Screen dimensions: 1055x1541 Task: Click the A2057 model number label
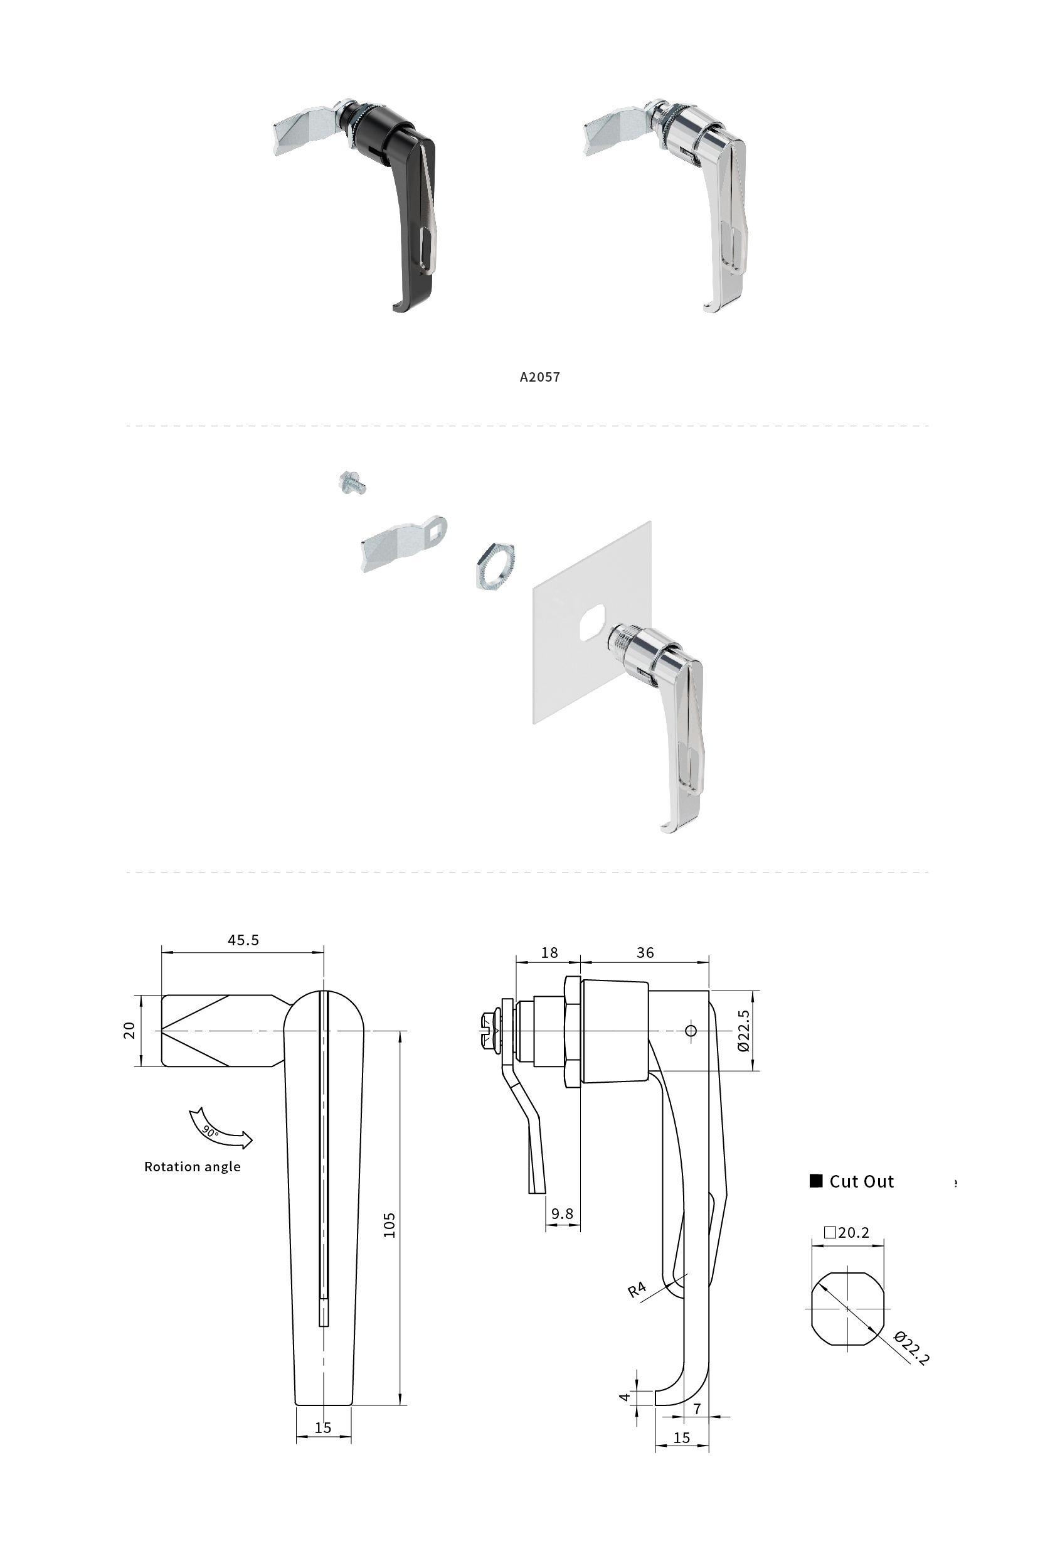[x=539, y=377]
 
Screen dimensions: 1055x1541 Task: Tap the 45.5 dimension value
[x=243, y=940]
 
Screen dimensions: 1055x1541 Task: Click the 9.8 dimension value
[x=562, y=1213]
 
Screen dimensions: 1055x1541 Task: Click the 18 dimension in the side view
[x=549, y=953]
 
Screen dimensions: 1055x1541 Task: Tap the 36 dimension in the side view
[x=645, y=953]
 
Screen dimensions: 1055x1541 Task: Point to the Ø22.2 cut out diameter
[x=912, y=1348]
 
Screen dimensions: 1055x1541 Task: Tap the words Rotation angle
[x=192, y=1166]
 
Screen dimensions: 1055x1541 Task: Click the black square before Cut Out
[x=816, y=1181]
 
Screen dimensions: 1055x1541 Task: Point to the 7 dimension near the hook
[x=697, y=1409]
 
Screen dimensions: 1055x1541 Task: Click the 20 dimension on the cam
[x=129, y=1031]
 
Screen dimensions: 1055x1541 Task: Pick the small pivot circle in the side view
[x=691, y=1031]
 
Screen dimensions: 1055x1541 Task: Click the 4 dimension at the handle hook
[x=624, y=1397]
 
